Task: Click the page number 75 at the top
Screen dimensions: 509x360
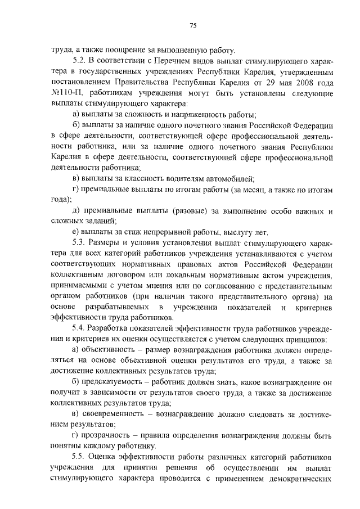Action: (192, 25)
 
